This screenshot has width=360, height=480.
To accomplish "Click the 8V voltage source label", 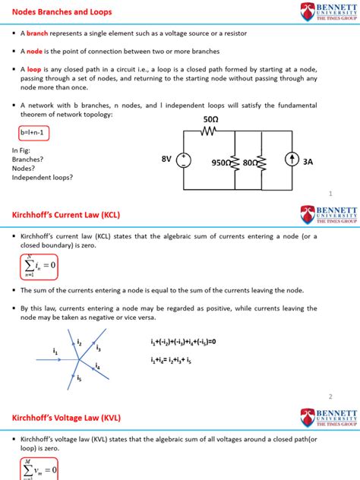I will tap(167, 161).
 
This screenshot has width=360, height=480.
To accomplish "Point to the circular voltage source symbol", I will tap(185, 161).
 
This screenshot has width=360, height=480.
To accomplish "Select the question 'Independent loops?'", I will tap(43, 178).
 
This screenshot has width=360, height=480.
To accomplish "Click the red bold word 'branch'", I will tap(39, 34).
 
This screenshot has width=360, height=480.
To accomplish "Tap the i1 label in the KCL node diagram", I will tap(55, 351).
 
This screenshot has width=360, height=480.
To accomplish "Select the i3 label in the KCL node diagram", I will tap(99, 347).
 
